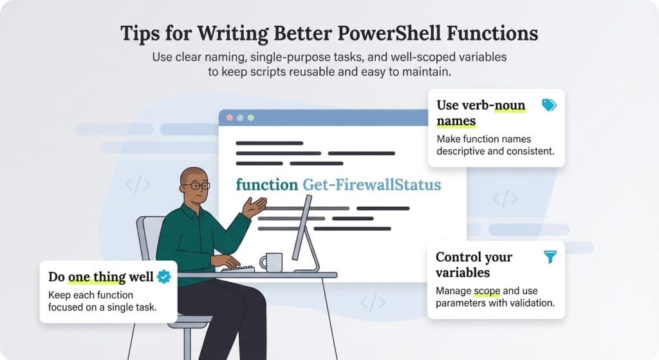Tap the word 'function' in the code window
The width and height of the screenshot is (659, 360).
(x=266, y=185)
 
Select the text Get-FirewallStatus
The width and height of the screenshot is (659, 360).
(x=371, y=185)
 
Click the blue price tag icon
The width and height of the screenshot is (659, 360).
(x=548, y=105)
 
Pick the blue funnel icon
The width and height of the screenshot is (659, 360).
(x=550, y=257)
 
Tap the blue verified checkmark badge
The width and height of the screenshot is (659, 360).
(x=164, y=277)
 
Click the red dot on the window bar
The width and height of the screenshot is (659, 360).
(x=228, y=118)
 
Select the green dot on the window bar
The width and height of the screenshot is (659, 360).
(x=250, y=118)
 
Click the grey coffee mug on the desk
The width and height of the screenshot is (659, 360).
(x=271, y=262)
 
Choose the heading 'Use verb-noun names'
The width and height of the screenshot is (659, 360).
(x=481, y=113)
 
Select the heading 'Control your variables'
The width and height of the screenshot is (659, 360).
(x=474, y=265)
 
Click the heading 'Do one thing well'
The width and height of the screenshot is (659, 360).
(x=101, y=277)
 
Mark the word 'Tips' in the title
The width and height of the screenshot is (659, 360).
(x=140, y=33)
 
